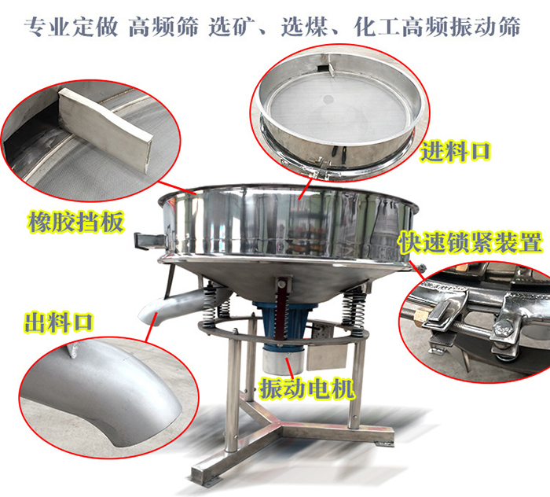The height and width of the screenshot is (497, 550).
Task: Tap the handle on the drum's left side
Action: (148, 238)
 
